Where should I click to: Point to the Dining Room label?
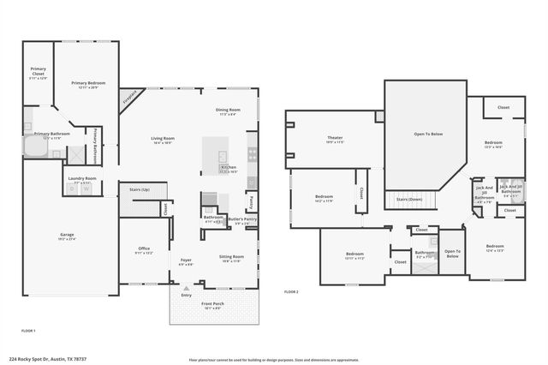click(x=229, y=111)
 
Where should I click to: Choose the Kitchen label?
click(x=229, y=167)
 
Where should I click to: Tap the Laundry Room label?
click(x=83, y=178)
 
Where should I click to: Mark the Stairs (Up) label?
click(x=140, y=188)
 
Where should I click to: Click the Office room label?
click(x=144, y=249)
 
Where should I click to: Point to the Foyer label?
click(x=186, y=260)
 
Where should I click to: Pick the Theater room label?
click(x=335, y=138)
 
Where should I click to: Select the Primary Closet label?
click(x=39, y=70)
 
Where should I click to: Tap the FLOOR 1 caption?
click(x=28, y=330)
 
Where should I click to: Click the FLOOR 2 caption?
click(x=292, y=292)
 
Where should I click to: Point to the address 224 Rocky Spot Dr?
click(x=47, y=360)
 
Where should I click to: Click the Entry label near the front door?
click(x=187, y=295)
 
